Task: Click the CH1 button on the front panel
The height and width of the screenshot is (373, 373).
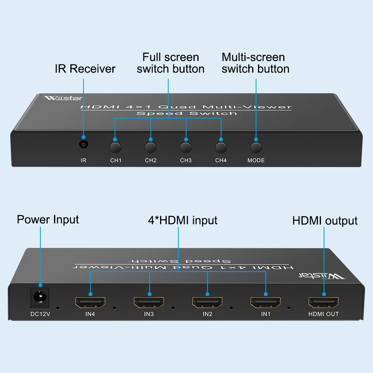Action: click(x=115, y=148)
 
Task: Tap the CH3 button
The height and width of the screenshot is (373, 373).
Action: click(x=186, y=148)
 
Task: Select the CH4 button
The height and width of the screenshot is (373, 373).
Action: click(x=221, y=148)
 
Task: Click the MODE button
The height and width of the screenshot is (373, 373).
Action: click(x=256, y=148)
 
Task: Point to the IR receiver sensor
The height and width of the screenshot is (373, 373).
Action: click(x=83, y=145)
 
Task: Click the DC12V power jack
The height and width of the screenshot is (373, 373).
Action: click(x=40, y=298)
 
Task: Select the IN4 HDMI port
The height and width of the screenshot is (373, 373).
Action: click(x=90, y=302)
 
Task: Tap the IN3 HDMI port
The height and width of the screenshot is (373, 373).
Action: click(x=149, y=302)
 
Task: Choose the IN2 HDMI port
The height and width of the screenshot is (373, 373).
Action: click(x=207, y=302)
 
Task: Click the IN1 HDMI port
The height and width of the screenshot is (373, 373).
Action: click(x=266, y=302)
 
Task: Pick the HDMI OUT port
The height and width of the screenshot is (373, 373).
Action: click(x=324, y=302)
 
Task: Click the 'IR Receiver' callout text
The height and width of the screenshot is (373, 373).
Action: click(x=85, y=69)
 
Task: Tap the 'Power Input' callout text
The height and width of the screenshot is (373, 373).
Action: click(x=48, y=220)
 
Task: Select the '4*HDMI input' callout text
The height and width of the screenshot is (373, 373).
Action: click(x=183, y=220)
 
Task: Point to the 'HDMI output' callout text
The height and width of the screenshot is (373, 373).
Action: click(x=325, y=221)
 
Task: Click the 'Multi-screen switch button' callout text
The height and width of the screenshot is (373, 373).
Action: click(x=255, y=63)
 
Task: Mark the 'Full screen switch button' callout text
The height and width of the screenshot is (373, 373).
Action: click(x=171, y=63)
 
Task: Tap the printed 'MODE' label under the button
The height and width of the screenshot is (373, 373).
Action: click(x=256, y=160)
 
